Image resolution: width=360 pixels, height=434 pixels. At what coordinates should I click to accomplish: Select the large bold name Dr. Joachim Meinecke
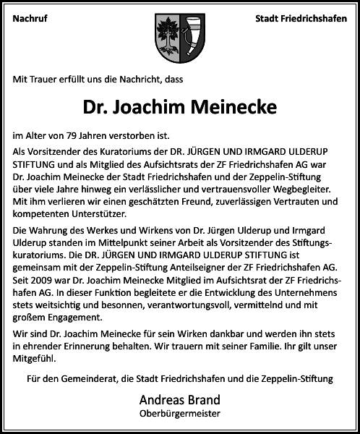pyautogui.click(x=180, y=107)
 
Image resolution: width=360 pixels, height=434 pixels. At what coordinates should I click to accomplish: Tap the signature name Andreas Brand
pyautogui.click(x=179, y=400)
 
